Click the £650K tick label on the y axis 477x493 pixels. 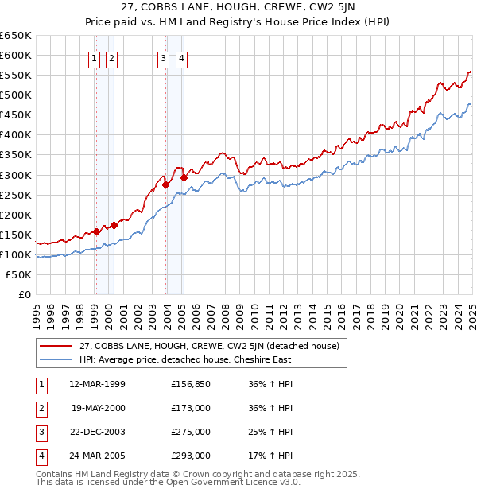(15, 36)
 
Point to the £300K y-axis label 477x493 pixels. (15, 175)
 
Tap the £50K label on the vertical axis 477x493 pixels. (18, 274)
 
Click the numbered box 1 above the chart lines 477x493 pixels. (94, 58)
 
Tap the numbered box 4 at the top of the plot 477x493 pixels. (181, 58)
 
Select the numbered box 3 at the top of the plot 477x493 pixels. (163, 58)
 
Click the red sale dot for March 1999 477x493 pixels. (96, 232)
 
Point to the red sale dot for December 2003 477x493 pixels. (165, 184)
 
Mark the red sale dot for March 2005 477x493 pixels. (184, 177)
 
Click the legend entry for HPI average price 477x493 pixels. (184, 359)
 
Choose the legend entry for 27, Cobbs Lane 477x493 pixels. (209, 346)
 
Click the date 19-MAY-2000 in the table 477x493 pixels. (98, 408)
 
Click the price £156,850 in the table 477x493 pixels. (190, 384)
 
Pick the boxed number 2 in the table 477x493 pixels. (41, 408)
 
